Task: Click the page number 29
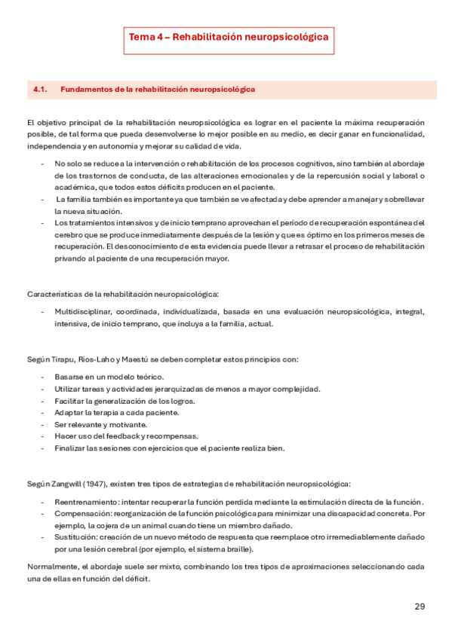pyautogui.click(x=420, y=606)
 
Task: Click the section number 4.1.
pyautogui.click(x=41, y=90)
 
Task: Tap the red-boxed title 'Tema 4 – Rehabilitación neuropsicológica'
pyautogui.click(x=229, y=36)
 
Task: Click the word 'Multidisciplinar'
pyautogui.click(x=84, y=312)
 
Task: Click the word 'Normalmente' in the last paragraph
pyautogui.click(x=52, y=567)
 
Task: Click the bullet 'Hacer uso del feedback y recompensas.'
pyautogui.click(x=125, y=436)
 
